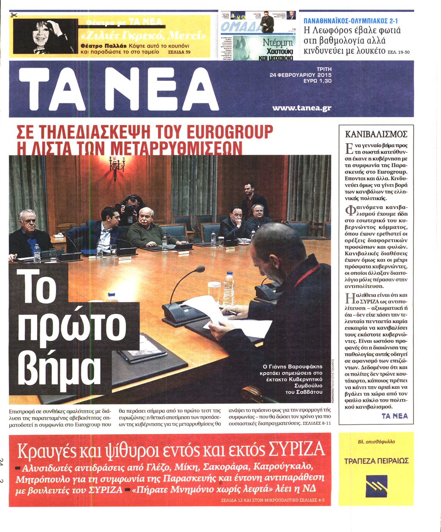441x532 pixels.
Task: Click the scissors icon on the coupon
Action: [x=15, y=15]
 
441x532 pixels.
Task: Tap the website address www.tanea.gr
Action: [x=301, y=108]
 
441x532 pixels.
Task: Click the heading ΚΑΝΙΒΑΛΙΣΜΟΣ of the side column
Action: [x=376, y=134]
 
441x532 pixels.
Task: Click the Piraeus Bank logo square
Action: [x=376, y=486]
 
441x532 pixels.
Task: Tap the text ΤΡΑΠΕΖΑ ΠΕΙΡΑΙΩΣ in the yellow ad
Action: [x=376, y=460]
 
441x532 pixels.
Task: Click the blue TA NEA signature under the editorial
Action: [x=395, y=416]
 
